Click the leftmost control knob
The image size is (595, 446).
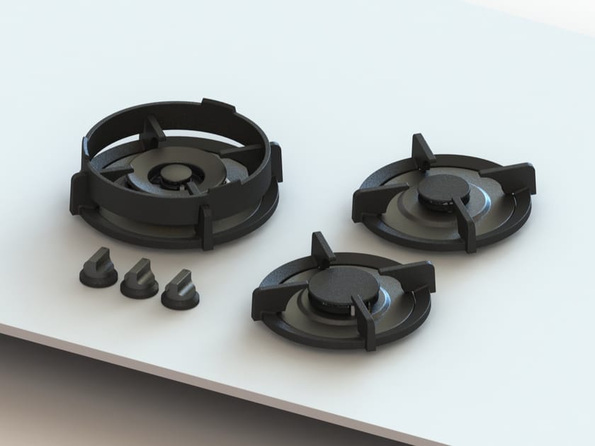tap(97, 267)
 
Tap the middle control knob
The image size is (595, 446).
tap(138, 279)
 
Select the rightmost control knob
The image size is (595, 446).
tap(179, 290)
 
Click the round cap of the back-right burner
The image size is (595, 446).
tap(442, 189)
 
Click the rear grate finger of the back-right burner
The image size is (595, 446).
tap(424, 150)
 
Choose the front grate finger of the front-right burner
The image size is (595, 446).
tap(365, 323)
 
